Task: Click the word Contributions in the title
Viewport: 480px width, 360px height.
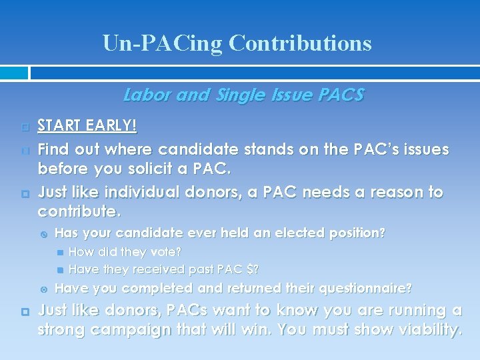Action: pyautogui.click(x=299, y=43)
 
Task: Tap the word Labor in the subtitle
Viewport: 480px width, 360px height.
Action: pyautogui.click(x=145, y=95)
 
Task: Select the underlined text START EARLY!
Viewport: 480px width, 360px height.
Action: pyautogui.click(x=87, y=125)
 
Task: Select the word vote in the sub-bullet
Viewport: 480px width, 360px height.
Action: pyautogui.click(x=166, y=252)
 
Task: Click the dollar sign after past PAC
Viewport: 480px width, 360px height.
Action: pyautogui.click(x=250, y=269)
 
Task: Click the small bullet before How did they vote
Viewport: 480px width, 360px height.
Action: pyautogui.click(x=61, y=253)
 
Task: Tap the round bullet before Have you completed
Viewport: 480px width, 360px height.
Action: pyautogui.click(x=44, y=289)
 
